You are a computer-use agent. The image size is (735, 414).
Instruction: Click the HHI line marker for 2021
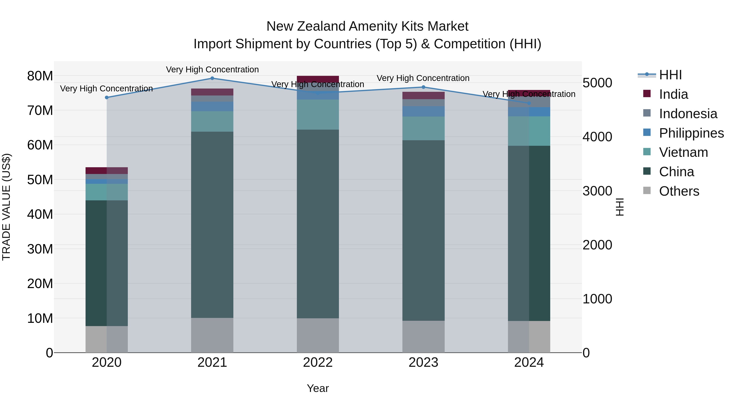tap(212, 78)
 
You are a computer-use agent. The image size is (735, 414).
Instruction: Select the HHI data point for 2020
tap(107, 98)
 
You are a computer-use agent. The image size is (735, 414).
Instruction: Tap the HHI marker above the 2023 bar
tap(423, 87)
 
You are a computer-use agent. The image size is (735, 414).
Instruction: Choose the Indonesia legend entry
tap(688, 114)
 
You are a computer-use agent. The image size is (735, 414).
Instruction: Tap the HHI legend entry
tap(670, 75)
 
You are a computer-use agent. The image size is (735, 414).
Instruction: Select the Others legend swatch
tap(647, 191)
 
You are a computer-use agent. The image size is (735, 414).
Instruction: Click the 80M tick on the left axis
tap(40, 76)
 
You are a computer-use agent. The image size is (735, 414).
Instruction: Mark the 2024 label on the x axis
tap(529, 362)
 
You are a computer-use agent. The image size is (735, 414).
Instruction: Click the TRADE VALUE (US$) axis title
tap(6, 207)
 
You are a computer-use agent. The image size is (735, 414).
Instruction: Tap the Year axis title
tap(317, 388)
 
